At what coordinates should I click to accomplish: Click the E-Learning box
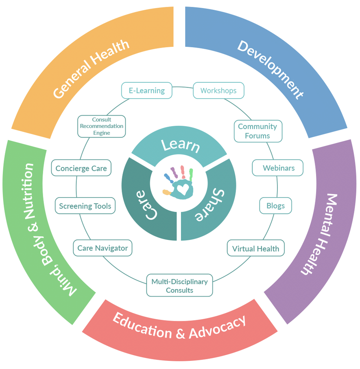pos(147,90)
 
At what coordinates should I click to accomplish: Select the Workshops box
pos(218,90)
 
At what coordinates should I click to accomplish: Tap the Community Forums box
pos(257,131)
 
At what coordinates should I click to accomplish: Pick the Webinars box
pos(278,168)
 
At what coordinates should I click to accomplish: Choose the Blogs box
pos(275,206)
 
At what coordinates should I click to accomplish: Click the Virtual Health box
pos(255,248)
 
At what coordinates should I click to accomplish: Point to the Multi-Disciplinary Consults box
pos(179,286)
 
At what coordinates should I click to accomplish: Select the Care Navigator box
pos(103,248)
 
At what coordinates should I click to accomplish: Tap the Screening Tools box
pos(85,206)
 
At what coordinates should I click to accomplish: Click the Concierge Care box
pos(81,168)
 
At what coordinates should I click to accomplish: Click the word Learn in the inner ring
pos(180,145)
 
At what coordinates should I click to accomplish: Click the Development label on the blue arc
pos(271,69)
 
